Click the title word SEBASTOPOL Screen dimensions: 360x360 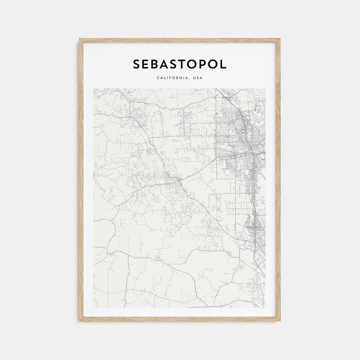pyautogui.click(x=180, y=64)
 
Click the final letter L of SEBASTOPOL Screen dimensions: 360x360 pyautogui.click(x=224, y=64)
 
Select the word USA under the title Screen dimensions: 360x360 pyautogui.click(x=198, y=78)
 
